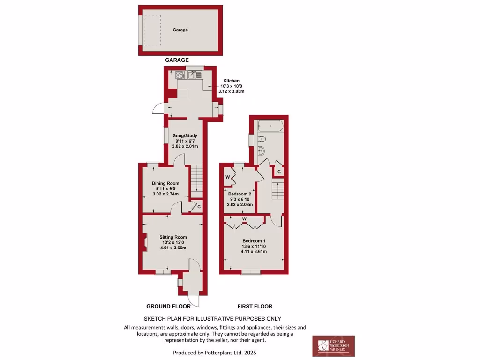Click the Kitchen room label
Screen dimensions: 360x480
[231, 81]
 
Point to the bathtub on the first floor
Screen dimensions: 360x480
[269, 126]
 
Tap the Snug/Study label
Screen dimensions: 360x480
[182, 136]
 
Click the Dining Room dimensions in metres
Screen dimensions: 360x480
[166, 194]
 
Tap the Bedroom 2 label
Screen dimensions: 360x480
[240, 194]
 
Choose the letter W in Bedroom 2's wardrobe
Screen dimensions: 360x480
[227, 177]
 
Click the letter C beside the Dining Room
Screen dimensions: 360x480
[199, 207]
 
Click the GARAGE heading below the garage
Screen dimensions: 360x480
[177, 60]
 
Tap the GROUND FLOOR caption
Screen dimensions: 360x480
[168, 307]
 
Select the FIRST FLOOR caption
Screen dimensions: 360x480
[255, 307]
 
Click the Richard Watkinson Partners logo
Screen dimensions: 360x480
[333, 346]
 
